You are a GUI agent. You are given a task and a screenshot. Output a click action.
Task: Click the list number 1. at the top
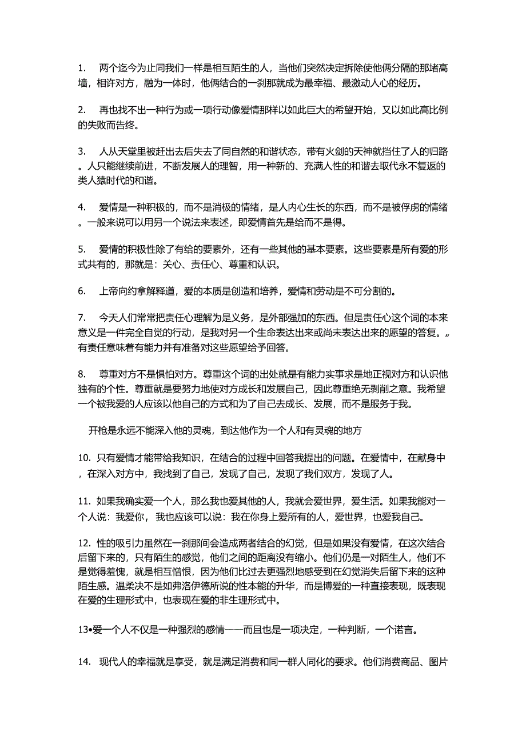pyautogui.click(x=81, y=68)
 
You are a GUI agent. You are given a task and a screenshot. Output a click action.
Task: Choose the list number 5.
pyautogui.click(x=81, y=250)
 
